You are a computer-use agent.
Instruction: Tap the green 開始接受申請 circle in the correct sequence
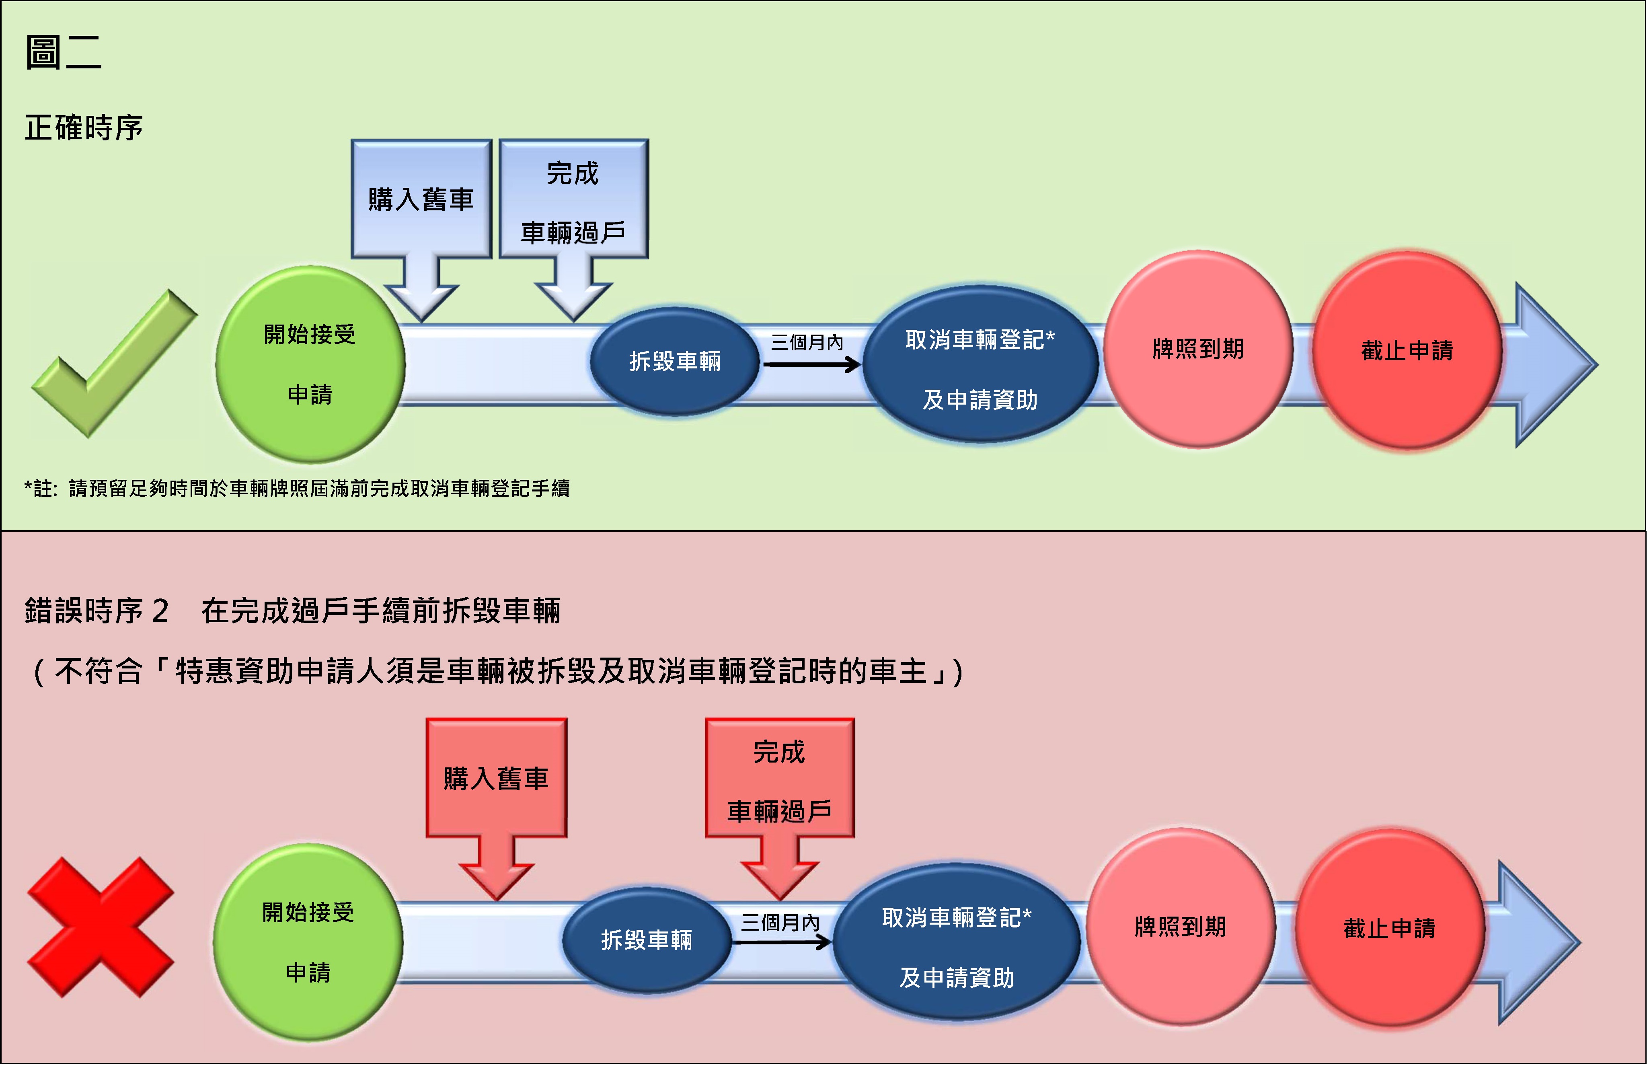click(310, 364)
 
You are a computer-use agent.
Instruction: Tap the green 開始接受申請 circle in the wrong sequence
click(308, 942)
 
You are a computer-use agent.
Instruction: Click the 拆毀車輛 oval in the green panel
click(674, 361)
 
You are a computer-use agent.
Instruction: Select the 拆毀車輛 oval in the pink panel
click(647, 940)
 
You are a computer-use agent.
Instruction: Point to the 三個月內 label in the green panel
click(807, 342)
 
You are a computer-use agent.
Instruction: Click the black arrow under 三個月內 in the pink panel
click(781, 941)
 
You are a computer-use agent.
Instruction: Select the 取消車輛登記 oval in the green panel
click(980, 364)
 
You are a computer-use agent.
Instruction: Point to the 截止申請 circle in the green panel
click(1407, 351)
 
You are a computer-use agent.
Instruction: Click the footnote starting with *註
click(297, 489)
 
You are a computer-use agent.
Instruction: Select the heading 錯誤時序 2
click(97, 611)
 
